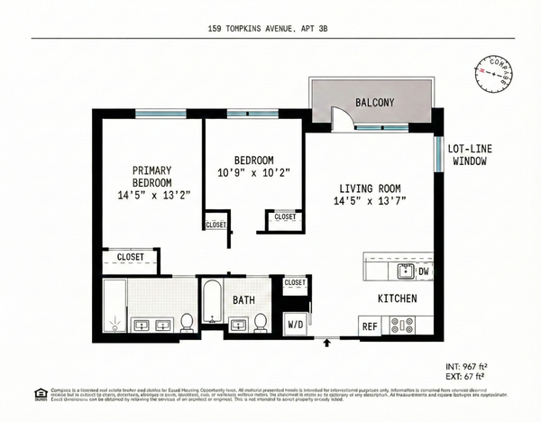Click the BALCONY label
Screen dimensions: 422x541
(373, 103)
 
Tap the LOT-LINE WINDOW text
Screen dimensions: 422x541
(469, 154)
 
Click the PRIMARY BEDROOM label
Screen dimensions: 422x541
(151, 181)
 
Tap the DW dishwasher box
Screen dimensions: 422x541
(423, 270)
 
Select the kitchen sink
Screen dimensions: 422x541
(404, 270)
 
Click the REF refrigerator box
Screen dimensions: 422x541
(370, 326)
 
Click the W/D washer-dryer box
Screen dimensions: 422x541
(295, 324)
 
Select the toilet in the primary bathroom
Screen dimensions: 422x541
(187, 321)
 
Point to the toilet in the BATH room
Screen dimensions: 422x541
(260, 320)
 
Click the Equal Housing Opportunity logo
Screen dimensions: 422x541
(40, 392)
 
